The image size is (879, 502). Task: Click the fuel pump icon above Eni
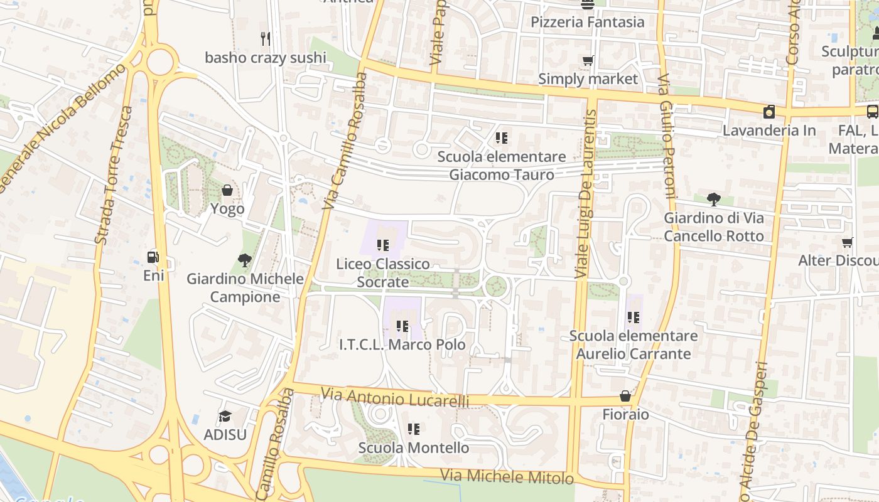click(153, 257)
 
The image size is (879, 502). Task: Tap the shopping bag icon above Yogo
click(227, 190)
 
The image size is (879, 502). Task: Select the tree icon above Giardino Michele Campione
click(245, 260)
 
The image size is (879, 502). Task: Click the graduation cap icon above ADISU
click(225, 416)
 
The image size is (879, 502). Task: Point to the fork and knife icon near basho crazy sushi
click(266, 39)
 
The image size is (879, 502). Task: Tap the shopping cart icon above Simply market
click(588, 61)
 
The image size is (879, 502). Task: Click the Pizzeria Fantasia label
click(587, 22)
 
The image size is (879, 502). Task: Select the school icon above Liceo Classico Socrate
click(383, 245)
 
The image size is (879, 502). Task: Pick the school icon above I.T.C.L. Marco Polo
click(402, 326)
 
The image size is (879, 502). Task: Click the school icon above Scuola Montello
click(413, 429)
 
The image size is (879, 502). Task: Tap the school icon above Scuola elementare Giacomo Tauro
click(501, 137)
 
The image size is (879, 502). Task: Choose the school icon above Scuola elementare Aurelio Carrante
click(633, 318)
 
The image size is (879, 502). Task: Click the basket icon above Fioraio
click(625, 396)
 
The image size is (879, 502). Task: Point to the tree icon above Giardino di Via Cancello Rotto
click(713, 200)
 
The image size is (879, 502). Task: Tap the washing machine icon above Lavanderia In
click(768, 112)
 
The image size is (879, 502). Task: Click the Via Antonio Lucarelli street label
click(395, 398)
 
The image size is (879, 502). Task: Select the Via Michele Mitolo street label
click(507, 476)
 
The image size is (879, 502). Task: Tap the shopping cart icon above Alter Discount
click(848, 242)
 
